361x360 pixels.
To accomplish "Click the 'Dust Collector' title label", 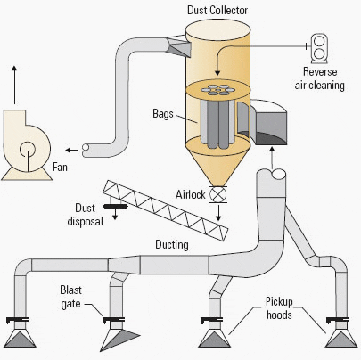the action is [217, 10].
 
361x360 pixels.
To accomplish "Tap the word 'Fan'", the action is [60, 167].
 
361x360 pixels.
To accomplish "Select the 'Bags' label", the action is [163, 114].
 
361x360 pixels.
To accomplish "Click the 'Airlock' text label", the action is [191, 194].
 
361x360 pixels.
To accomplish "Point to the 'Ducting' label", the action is [172, 245].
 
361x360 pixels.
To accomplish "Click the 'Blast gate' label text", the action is [70, 297].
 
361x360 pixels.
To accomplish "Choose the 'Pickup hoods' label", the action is [279, 307].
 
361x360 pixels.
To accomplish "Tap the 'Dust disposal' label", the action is [85, 215].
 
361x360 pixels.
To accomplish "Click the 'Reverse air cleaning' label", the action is [320, 78].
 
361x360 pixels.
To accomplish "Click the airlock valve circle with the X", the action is [218, 194].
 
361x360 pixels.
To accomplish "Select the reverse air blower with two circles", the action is [319, 48].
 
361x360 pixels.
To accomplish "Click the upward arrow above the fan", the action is [14, 85].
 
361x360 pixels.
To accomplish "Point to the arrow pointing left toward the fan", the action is [71, 150].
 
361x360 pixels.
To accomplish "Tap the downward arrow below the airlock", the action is [218, 213].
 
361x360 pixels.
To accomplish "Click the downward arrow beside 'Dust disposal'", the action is [115, 214].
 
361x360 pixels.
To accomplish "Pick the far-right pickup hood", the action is [341, 337].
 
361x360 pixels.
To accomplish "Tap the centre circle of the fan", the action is [28, 150].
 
